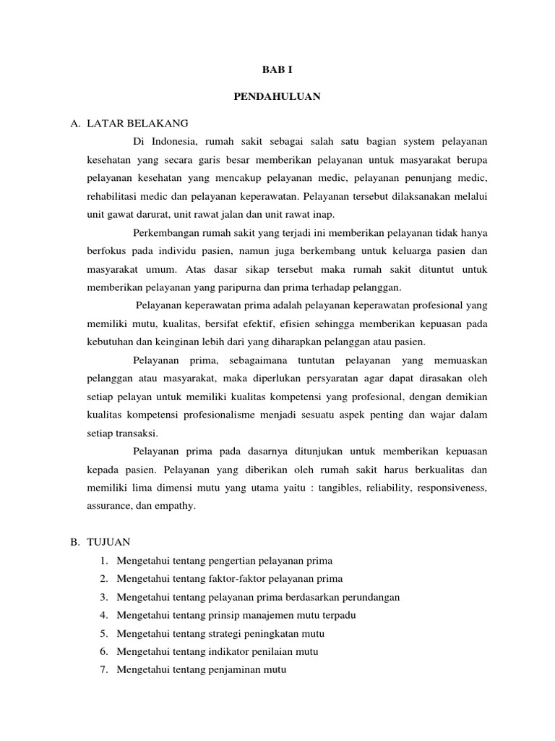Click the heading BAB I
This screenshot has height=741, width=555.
tap(277, 70)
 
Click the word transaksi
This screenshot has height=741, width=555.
tap(135, 433)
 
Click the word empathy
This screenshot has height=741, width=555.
tap(178, 507)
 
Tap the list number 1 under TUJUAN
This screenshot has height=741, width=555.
tap(104, 561)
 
